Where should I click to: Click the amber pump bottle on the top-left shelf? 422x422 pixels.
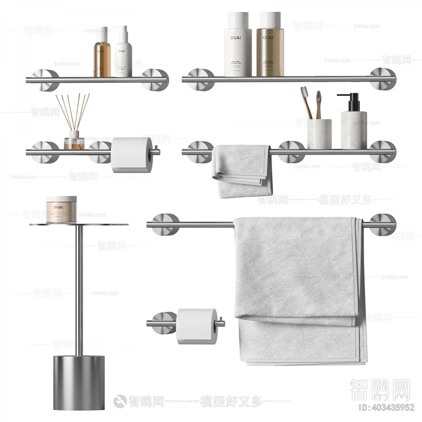[102, 58]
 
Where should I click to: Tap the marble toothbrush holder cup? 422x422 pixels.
[319, 134]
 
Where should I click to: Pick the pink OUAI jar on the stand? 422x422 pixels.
[61, 210]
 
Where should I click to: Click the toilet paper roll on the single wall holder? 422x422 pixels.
[195, 326]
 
